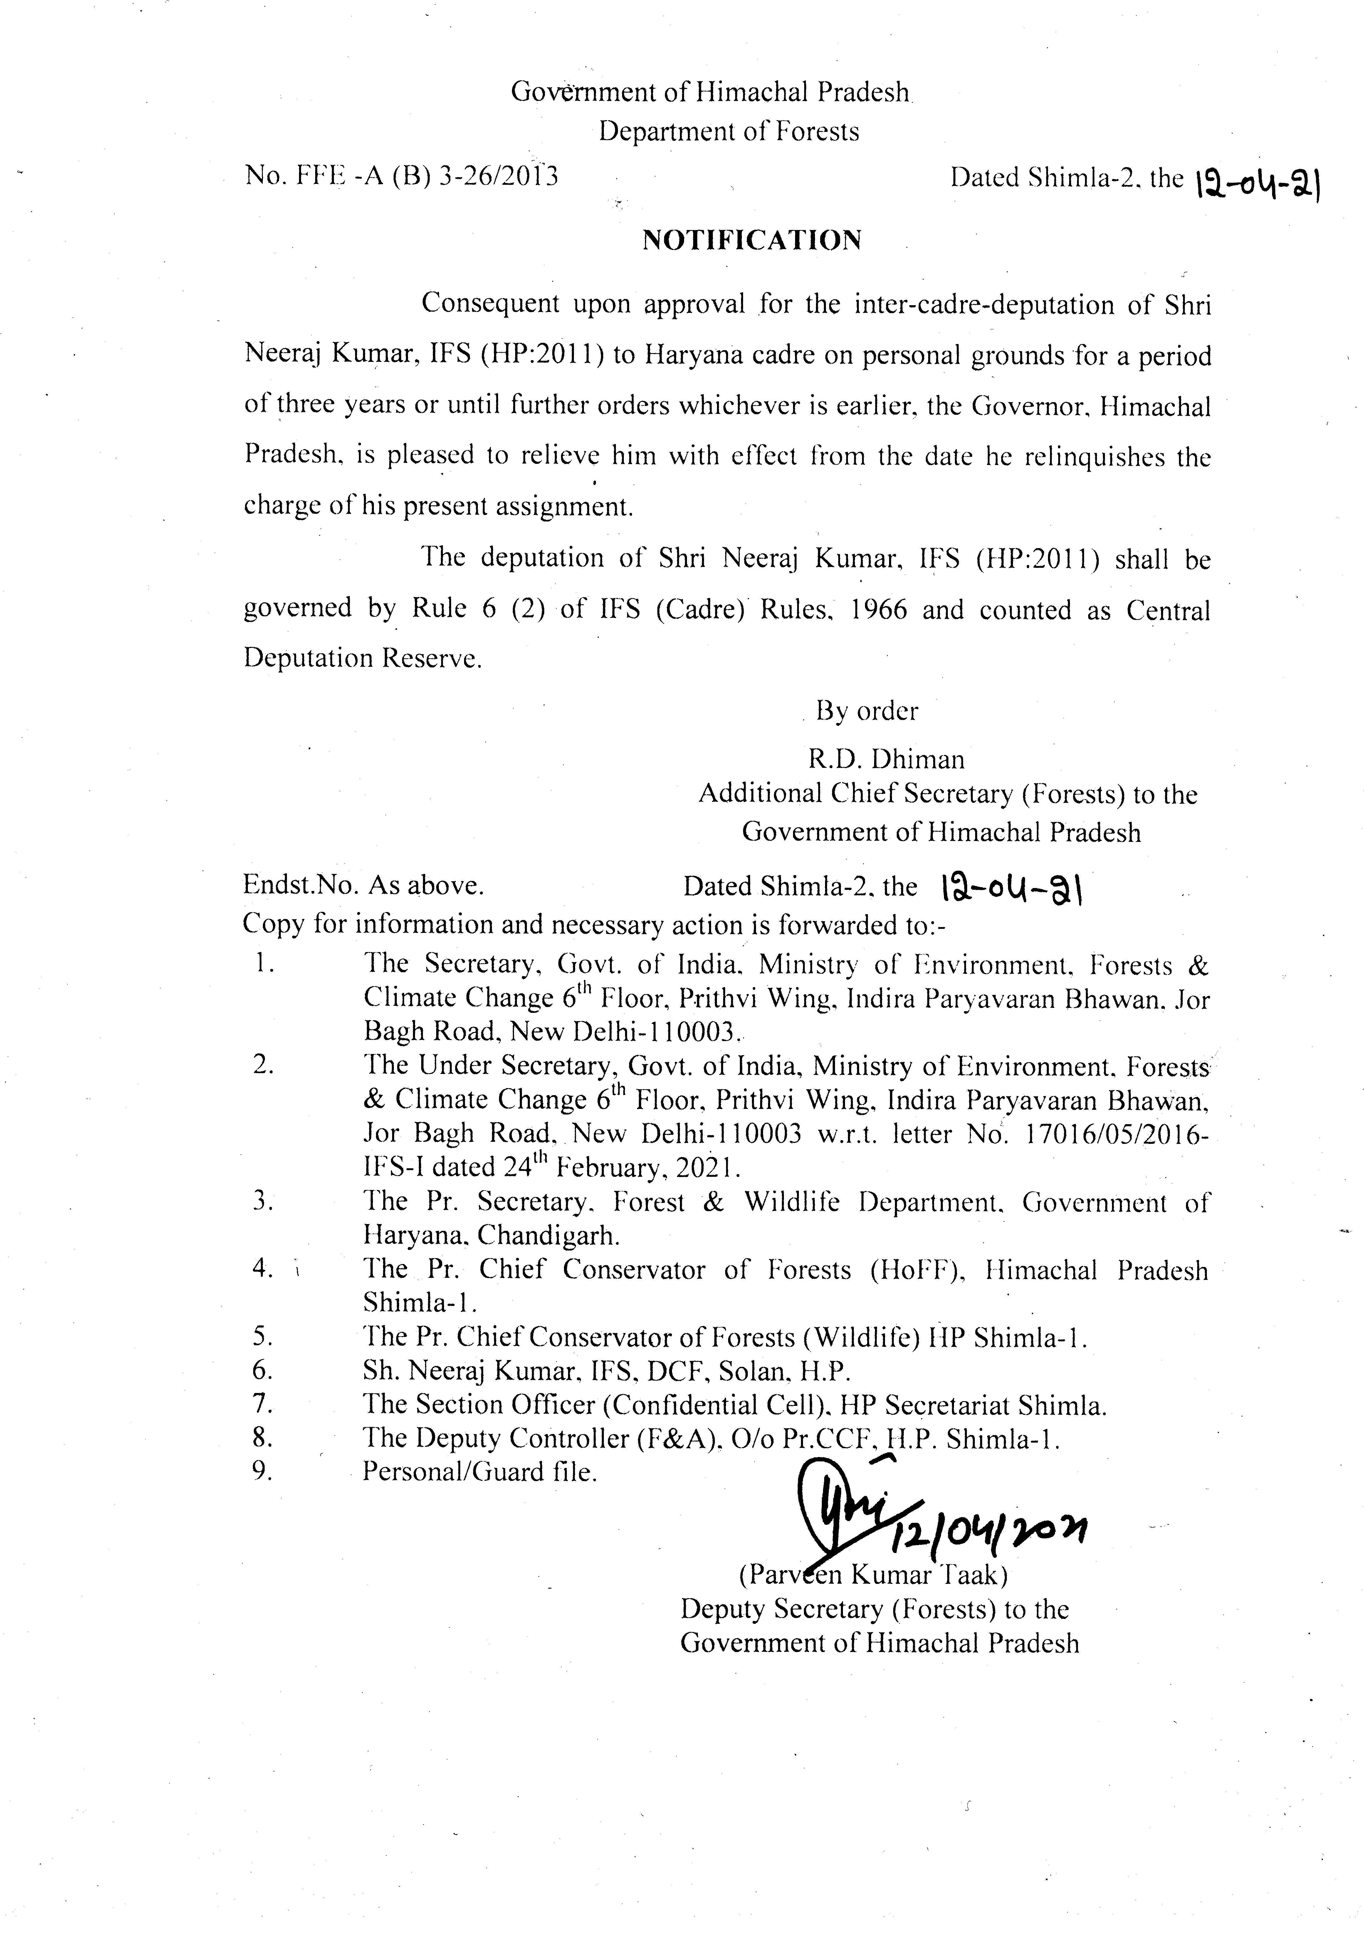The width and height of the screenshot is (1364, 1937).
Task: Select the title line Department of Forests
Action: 729,132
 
